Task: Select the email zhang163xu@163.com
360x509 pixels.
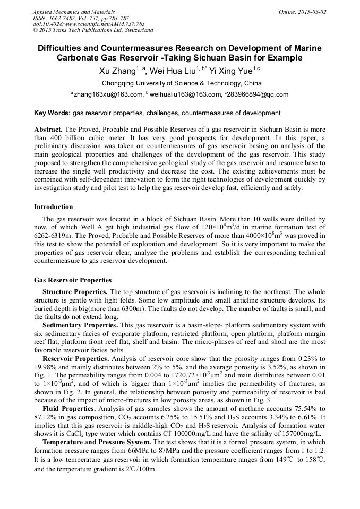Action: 106,95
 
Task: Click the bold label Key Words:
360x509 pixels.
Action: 52,113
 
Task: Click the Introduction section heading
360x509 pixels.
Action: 54,206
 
